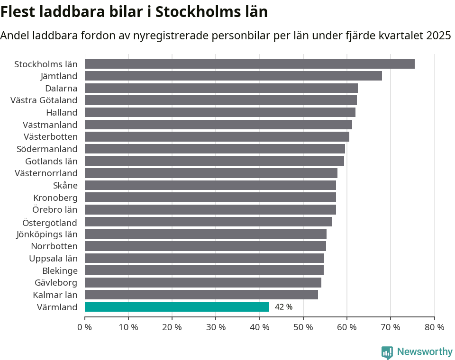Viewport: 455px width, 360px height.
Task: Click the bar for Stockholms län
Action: [x=250, y=64]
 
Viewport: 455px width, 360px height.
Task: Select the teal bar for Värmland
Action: [x=177, y=307]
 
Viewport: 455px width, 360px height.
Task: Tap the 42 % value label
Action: [x=283, y=307]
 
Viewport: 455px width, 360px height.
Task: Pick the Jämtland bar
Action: [x=233, y=76]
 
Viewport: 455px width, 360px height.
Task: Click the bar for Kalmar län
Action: [x=201, y=295]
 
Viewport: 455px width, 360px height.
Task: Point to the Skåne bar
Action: [x=210, y=185]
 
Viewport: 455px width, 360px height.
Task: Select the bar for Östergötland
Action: [x=208, y=222]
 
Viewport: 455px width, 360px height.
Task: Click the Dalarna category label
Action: [x=61, y=88]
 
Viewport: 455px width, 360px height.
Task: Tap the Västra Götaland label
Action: [x=44, y=100]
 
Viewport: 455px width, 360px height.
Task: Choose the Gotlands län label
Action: [x=51, y=161]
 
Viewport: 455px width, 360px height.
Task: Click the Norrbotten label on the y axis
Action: [x=54, y=246]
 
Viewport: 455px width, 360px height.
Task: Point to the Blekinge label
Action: [x=60, y=270]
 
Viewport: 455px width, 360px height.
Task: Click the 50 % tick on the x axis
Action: [x=303, y=327]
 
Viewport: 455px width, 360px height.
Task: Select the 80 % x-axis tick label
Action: [x=434, y=327]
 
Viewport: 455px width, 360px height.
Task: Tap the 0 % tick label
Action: [x=85, y=327]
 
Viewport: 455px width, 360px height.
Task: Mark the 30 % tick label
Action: [x=216, y=327]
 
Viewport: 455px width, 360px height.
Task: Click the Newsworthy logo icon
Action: [x=387, y=352]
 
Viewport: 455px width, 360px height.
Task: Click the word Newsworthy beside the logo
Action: [x=425, y=352]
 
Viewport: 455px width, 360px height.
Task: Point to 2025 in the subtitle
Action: [x=438, y=36]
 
